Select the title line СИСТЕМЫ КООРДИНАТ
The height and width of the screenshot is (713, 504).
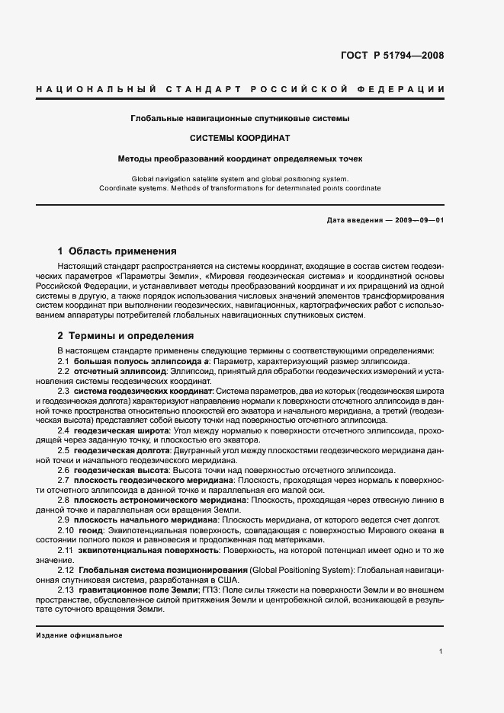coord(239,139)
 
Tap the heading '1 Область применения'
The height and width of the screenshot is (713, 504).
coord(117,251)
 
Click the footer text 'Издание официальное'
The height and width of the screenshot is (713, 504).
coord(79,635)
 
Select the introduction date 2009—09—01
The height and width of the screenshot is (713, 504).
coord(419,219)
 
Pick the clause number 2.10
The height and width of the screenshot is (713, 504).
coord(66,529)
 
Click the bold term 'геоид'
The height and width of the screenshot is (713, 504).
coord(93,529)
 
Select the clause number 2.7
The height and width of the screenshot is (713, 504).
coord(64,481)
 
